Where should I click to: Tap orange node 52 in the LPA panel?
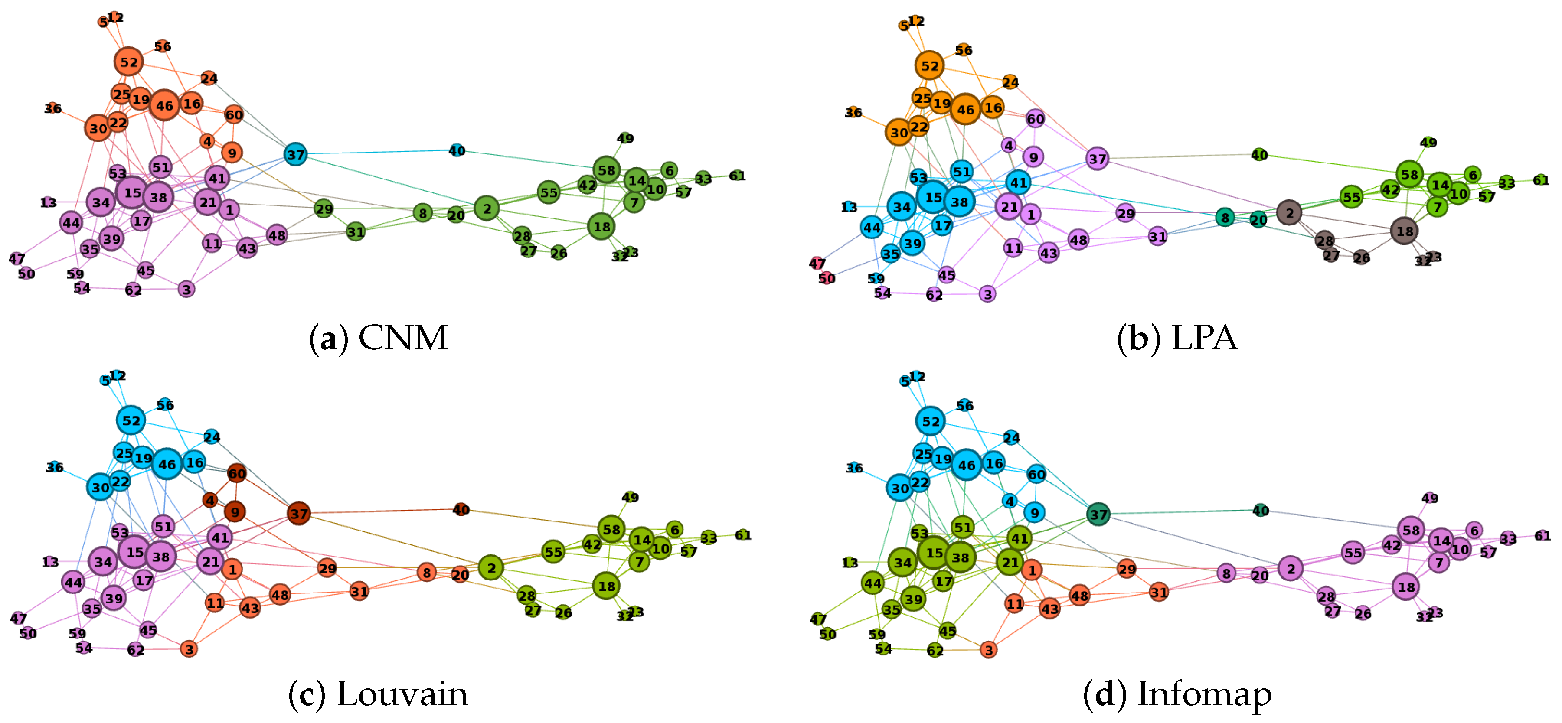(930, 66)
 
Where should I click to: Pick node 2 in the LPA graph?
(1289, 213)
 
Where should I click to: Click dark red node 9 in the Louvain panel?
(235, 511)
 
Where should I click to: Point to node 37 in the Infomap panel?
(1098, 515)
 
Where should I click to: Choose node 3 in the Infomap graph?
(988, 650)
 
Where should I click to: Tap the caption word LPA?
(1204, 338)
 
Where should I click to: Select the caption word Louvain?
(402, 694)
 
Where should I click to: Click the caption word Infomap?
(1204, 694)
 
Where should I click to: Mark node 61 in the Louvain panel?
(742, 534)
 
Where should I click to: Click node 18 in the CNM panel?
(601, 227)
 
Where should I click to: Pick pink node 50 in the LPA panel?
(827, 278)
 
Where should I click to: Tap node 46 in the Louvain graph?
(167, 464)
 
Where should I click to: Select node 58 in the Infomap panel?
(1411, 530)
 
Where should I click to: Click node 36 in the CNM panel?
(53, 108)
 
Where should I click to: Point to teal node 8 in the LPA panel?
(1225, 218)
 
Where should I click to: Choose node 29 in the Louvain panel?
(327, 568)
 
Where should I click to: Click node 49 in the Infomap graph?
(1429, 498)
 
